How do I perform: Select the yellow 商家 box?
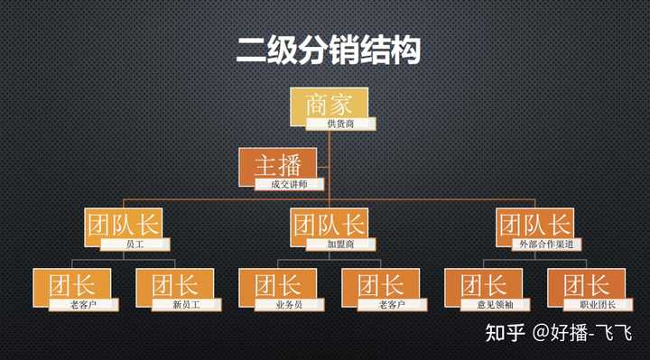[328, 103]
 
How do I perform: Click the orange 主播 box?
[278, 164]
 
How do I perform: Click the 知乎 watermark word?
[506, 333]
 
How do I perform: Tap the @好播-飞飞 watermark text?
[583, 333]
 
